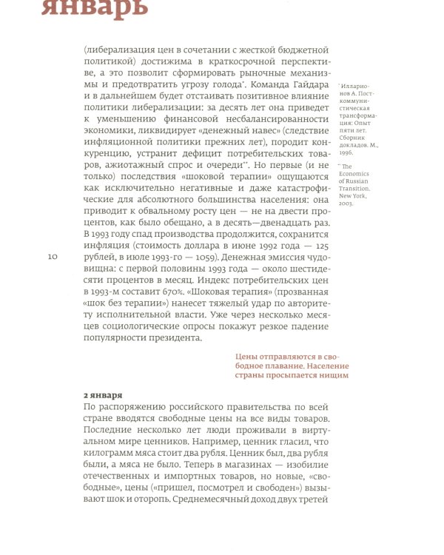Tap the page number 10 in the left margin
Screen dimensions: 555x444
pyautogui.click(x=52, y=256)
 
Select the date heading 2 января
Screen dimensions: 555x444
pyautogui.click(x=103, y=395)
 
